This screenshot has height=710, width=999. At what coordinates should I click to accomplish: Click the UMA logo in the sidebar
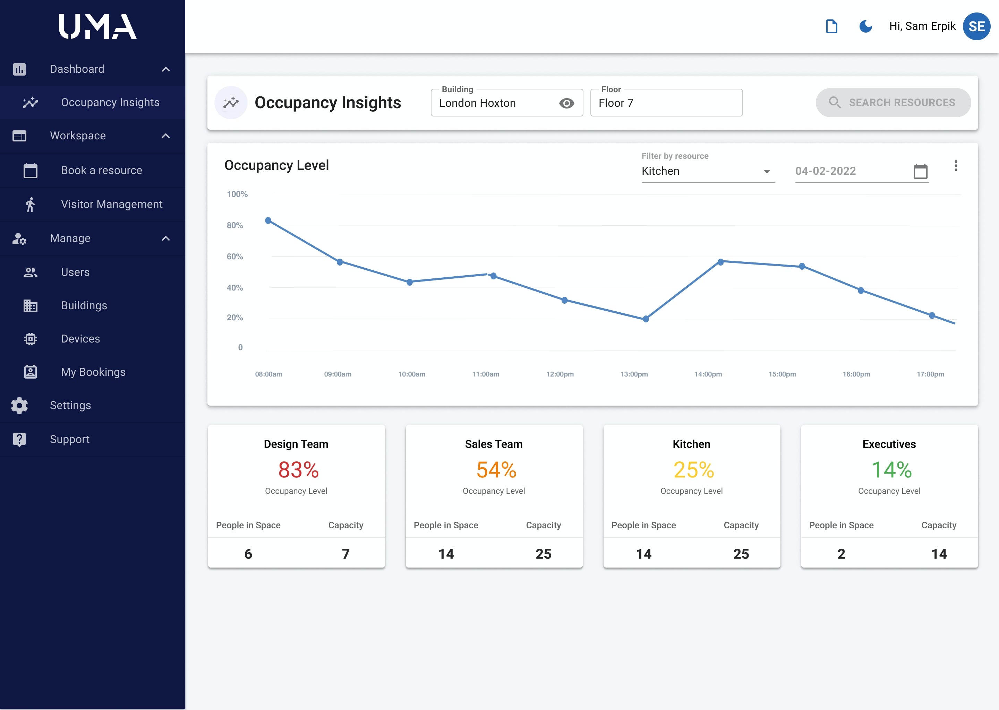97,26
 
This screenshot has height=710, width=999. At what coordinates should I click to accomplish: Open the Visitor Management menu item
112,204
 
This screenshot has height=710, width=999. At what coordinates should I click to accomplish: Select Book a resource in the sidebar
102,170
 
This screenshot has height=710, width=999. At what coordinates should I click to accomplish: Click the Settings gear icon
19,405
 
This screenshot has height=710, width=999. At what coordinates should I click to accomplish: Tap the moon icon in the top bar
865,26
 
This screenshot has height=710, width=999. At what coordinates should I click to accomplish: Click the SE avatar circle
977,26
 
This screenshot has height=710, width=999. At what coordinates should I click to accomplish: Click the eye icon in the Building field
566,103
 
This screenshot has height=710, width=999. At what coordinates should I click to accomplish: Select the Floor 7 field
666,103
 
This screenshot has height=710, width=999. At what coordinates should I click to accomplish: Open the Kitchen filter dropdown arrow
766,171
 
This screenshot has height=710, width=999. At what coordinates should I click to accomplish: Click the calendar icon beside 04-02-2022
920,171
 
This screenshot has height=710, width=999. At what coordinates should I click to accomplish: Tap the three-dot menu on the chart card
956,166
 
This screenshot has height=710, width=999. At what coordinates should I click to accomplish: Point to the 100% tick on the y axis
237,194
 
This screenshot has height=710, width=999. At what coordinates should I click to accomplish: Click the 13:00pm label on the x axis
634,374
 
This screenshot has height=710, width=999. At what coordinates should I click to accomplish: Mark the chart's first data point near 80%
268,220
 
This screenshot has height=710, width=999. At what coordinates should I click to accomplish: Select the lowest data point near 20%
646,319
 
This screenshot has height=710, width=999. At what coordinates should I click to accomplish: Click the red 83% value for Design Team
298,470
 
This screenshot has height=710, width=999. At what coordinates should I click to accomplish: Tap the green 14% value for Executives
891,470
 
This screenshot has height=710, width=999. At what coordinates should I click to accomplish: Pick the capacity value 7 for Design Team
345,554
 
